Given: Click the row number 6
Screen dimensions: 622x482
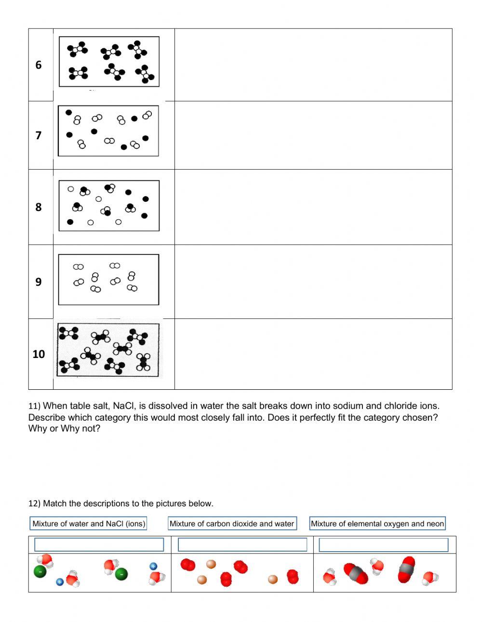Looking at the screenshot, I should point(39,65).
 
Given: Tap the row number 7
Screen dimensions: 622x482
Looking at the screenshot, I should point(39,135).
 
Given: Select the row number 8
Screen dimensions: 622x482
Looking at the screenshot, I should point(39,207).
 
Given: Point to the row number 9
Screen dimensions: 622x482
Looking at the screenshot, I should point(39,282).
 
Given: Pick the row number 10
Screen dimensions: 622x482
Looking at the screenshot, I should point(39,354).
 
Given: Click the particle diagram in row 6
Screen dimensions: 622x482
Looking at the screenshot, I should point(109,62).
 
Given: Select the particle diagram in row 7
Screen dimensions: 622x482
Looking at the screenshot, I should point(108,131).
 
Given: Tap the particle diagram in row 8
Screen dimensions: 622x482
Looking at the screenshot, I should point(109,206).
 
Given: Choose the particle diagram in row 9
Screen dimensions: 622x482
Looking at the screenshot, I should point(108,279).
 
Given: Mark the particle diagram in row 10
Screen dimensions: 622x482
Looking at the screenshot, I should point(108,350).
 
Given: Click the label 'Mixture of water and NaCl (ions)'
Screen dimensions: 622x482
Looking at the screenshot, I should point(89,524).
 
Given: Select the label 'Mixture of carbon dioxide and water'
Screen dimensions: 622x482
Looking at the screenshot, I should point(232,524).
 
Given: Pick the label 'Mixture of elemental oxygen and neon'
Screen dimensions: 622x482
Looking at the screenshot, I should point(377,524).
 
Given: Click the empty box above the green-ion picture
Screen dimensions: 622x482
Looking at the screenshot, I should point(99,545).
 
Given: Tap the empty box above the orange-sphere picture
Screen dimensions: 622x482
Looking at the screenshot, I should point(242,545).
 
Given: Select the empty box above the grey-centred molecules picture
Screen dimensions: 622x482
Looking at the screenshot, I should point(384,545).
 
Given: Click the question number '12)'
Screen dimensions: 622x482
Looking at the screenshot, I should point(34,503).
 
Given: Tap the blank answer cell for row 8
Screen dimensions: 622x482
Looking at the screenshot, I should point(313,207).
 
